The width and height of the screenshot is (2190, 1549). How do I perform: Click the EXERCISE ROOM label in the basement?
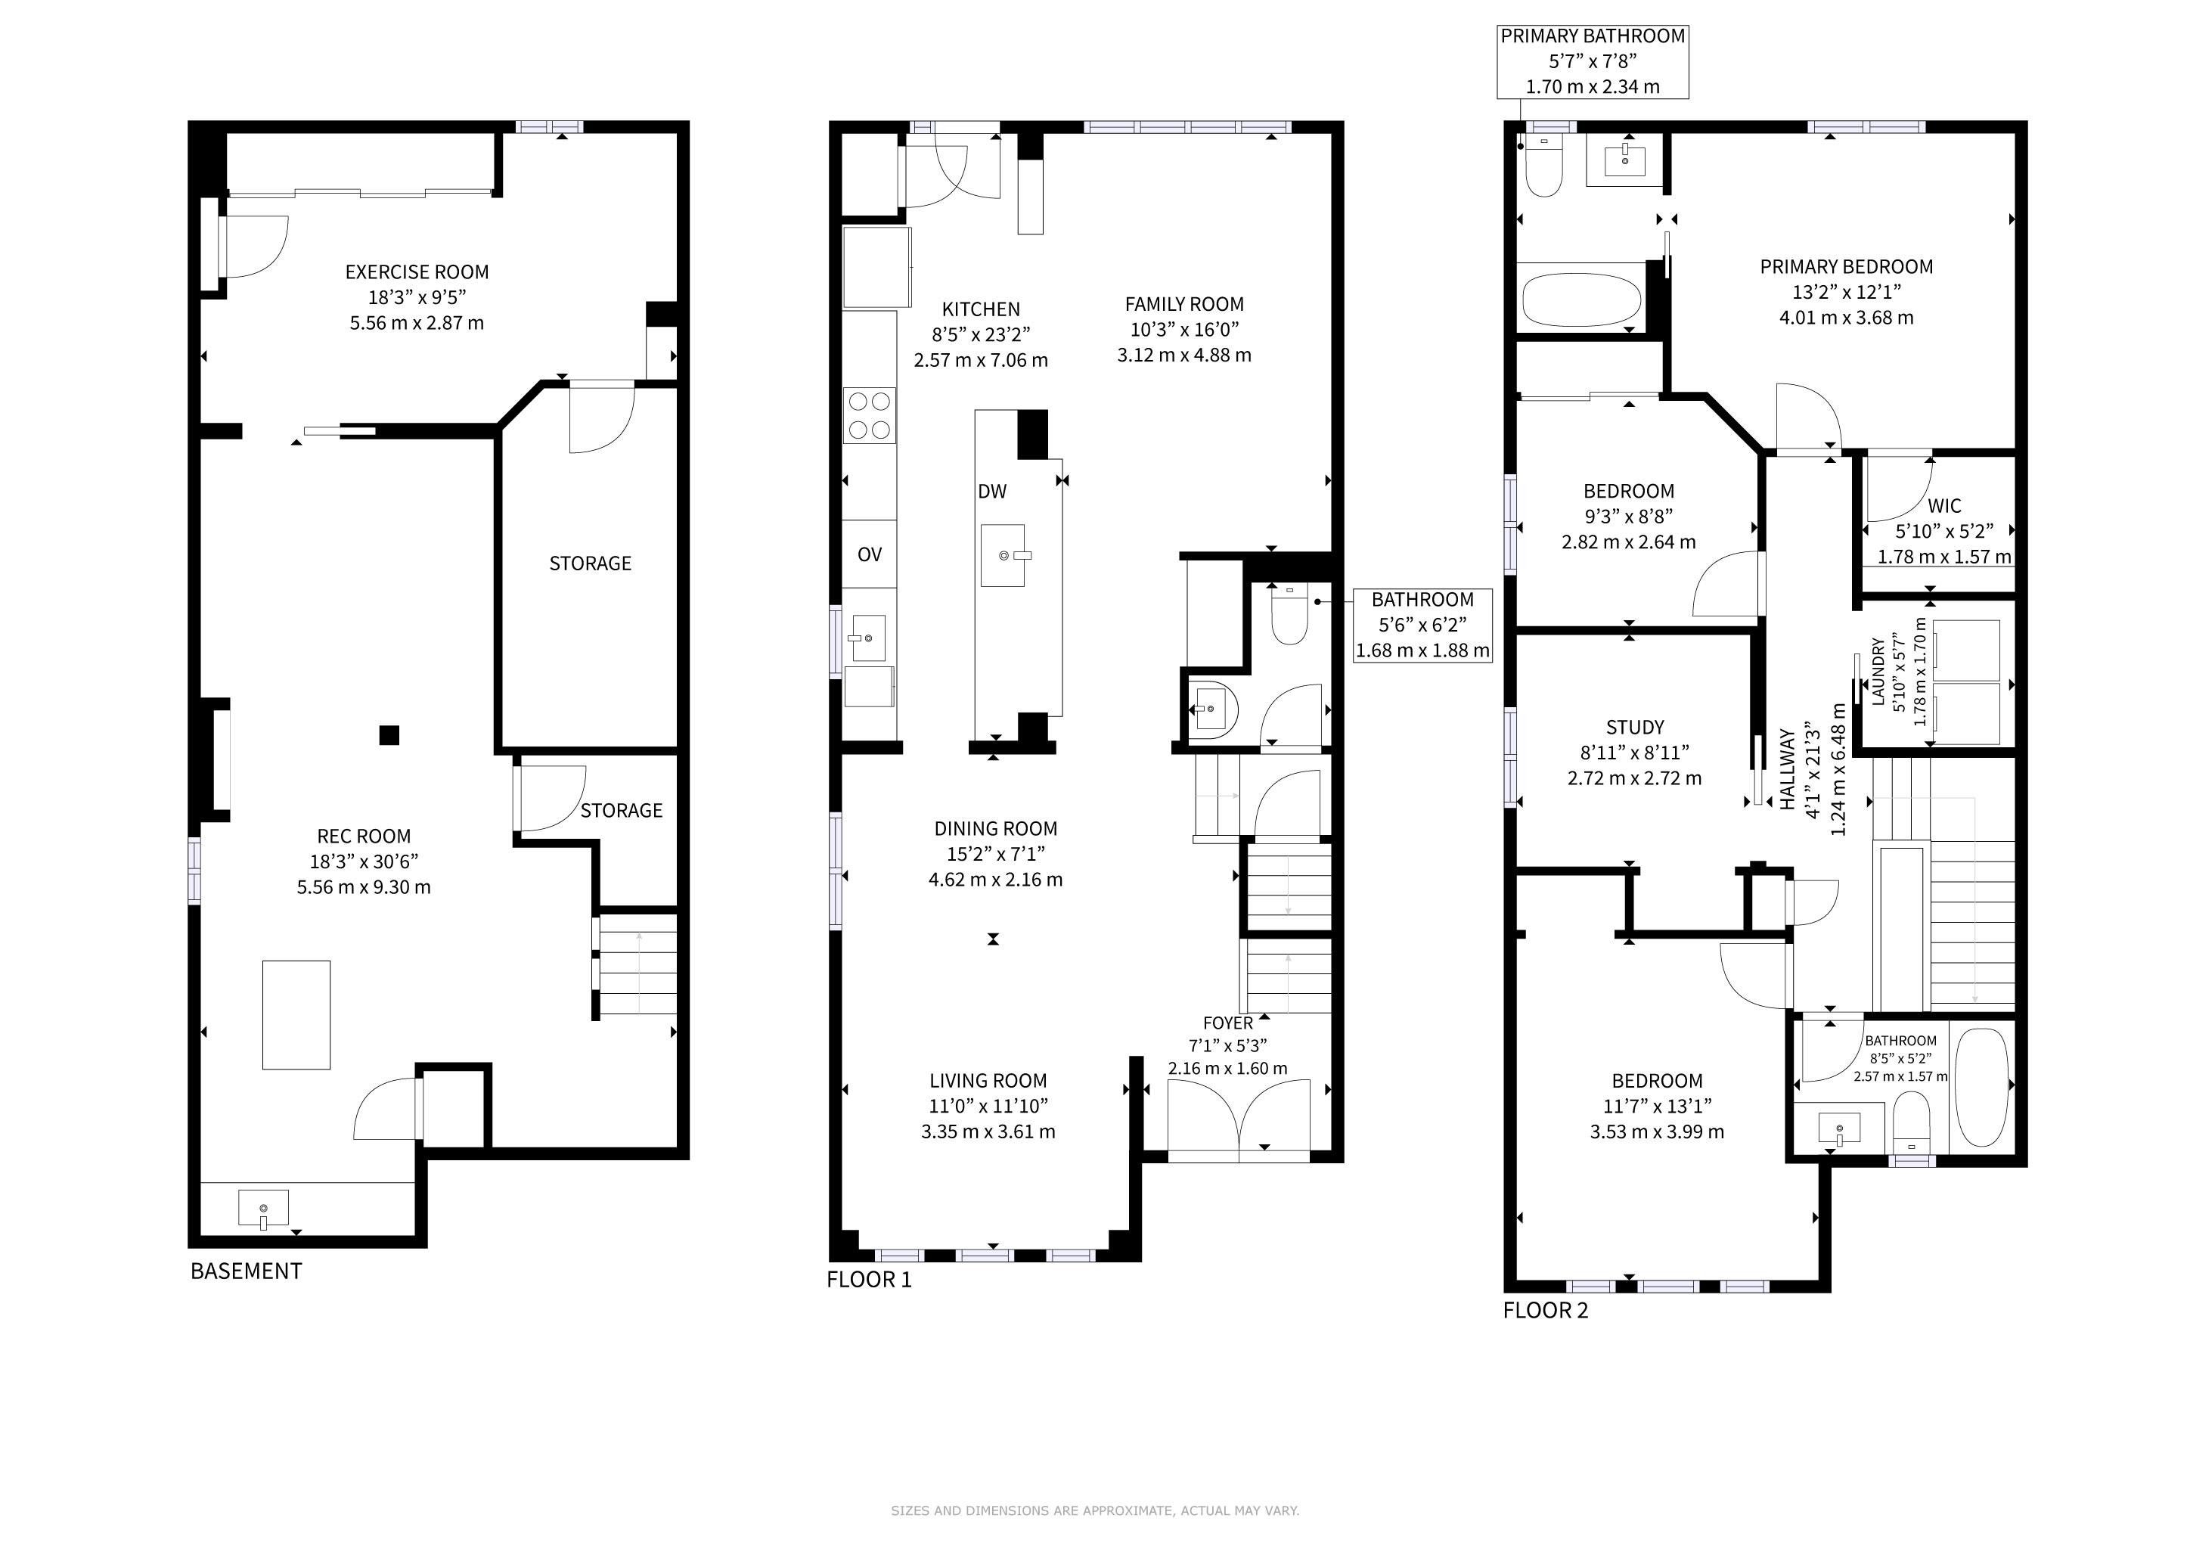417,272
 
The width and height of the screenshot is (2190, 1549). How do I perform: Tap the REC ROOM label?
364,837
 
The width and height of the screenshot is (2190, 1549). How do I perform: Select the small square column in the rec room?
389,735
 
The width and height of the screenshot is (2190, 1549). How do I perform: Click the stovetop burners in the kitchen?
870,416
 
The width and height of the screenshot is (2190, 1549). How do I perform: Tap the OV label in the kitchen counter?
870,554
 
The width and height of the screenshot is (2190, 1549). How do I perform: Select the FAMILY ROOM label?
1185,304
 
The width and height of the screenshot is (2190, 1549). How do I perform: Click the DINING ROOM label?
996,829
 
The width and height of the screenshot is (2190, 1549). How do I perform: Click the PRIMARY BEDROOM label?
1847,267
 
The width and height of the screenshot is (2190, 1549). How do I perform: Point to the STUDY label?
1635,727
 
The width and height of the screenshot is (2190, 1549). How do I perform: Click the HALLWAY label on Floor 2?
1788,770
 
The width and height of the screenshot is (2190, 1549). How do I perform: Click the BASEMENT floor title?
246,1271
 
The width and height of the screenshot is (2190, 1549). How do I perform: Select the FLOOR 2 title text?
1546,1311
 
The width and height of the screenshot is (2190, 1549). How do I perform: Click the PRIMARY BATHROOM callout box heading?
1593,36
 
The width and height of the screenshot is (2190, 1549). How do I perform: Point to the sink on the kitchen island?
1003,555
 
